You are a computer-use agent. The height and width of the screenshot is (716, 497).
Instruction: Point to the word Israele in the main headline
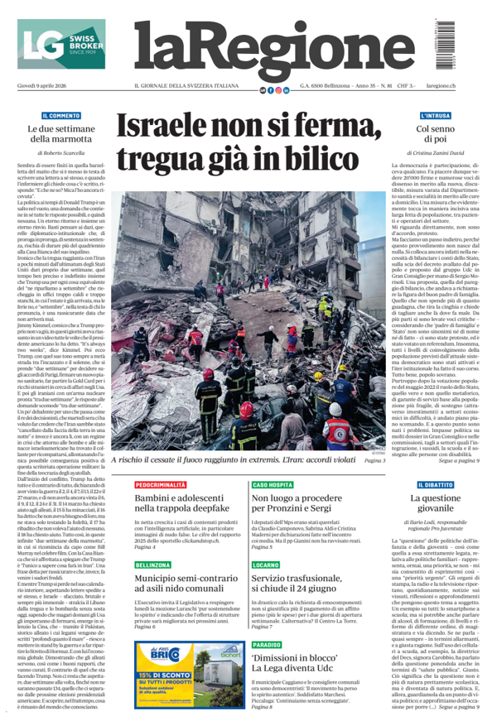(177, 128)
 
